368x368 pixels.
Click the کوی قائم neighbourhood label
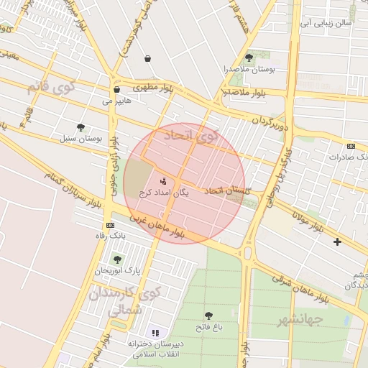click(x=50, y=88)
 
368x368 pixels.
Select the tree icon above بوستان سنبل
click(x=80, y=127)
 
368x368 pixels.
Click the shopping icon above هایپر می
click(x=116, y=90)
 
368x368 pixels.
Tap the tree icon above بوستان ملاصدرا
click(x=249, y=57)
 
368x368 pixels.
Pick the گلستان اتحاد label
click(x=228, y=190)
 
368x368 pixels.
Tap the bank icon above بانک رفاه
click(x=109, y=225)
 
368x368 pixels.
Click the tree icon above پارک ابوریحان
click(x=117, y=259)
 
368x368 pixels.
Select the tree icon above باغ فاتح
click(x=208, y=316)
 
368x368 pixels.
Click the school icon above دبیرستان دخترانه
click(x=155, y=333)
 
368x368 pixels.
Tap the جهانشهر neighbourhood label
click(x=300, y=318)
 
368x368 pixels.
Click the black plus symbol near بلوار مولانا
click(x=337, y=241)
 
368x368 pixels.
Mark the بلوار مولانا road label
click(x=307, y=219)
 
